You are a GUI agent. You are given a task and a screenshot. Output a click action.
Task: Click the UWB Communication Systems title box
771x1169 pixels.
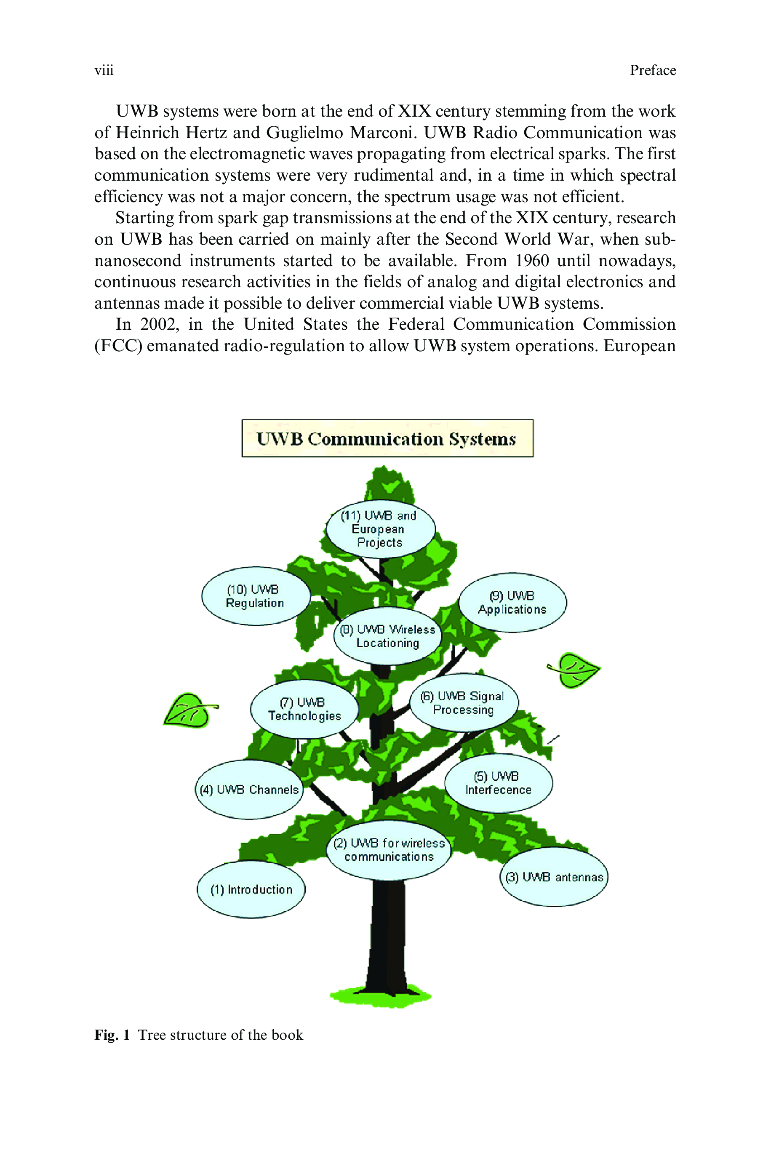387,438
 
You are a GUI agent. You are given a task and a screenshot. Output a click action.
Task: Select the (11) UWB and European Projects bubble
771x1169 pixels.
381,529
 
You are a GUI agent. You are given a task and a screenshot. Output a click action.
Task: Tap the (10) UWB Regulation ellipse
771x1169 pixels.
255,596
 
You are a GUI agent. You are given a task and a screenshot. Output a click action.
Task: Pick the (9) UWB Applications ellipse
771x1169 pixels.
512,602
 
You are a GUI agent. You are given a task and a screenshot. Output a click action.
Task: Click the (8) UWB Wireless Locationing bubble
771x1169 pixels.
388,636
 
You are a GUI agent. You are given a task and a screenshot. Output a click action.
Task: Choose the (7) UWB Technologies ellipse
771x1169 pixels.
304,709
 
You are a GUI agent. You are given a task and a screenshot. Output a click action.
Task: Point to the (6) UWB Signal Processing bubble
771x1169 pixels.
464,702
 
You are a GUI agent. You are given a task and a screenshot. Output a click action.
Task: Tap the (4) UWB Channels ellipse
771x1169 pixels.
249,789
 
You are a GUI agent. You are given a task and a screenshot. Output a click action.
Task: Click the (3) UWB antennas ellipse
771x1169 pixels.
554,877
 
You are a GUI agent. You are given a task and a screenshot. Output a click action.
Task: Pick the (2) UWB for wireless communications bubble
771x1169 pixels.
389,849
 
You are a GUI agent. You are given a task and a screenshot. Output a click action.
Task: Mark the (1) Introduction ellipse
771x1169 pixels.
251,889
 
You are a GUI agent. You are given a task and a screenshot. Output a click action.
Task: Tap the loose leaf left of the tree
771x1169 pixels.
190,710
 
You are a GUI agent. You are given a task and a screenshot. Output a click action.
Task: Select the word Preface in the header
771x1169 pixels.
653,70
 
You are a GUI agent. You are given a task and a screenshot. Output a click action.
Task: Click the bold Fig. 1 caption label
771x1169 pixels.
112,1035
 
